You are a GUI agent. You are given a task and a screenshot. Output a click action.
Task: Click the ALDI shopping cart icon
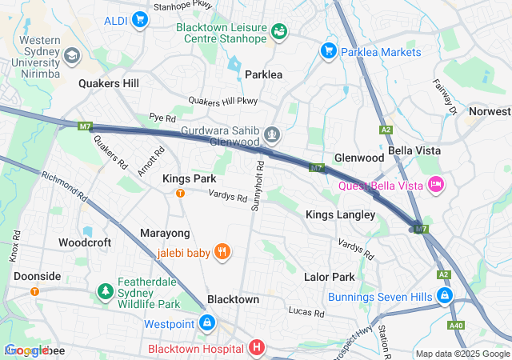pyautogui.click(x=140, y=19)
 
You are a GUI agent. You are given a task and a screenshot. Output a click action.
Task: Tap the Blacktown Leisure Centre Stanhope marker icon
pyautogui.click(x=279, y=31)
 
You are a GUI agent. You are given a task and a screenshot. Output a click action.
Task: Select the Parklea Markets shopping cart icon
pyautogui.click(x=327, y=51)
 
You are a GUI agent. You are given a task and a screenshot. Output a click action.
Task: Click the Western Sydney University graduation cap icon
pyautogui.click(x=72, y=55)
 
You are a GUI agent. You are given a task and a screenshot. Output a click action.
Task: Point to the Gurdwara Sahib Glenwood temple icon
pyautogui.click(x=272, y=134)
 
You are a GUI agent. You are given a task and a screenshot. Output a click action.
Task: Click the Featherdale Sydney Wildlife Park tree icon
pyautogui.click(x=104, y=289)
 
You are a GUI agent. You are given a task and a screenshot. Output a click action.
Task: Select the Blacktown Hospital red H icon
pyautogui.click(x=256, y=348)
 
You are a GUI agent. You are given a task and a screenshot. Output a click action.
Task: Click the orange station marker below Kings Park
pyautogui.click(x=180, y=193)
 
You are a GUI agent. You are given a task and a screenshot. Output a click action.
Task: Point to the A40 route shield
pyautogui.click(x=456, y=325)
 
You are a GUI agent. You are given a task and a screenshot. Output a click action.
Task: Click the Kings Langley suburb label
pyautogui.click(x=340, y=214)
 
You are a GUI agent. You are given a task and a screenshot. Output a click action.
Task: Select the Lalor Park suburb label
pyautogui.click(x=329, y=277)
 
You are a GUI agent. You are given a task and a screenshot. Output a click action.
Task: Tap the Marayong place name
pyautogui.click(x=166, y=233)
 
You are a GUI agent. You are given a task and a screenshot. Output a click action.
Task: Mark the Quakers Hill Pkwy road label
pyautogui.click(x=223, y=101)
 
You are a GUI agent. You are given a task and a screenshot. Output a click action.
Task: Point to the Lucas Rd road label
pyautogui.click(x=306, y=310)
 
